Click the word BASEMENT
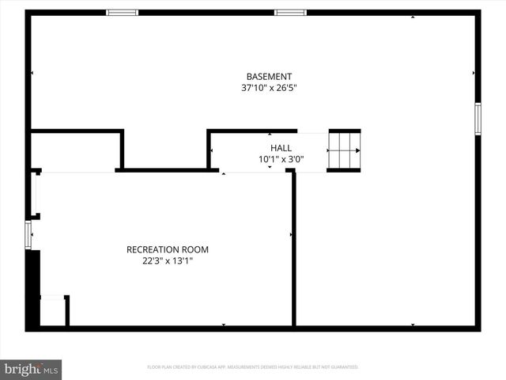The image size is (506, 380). click(x=269, y=77)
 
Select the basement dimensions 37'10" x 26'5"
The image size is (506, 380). click(x=269, y=89)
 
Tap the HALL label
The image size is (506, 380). click(x=281, y=148)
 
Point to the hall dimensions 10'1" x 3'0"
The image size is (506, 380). click(x=281, y=159)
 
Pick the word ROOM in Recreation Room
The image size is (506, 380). click(x=196, y=249)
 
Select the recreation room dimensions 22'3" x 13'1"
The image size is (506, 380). click(x=168, y=260)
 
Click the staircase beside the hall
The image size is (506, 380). click(x=344, y=150)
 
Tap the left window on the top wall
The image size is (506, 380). click(x=123, y=13)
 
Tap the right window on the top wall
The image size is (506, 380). click(x=290, y=13)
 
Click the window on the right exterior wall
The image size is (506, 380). click(x=477, y=118)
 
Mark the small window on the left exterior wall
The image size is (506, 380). click(x=28, y=235)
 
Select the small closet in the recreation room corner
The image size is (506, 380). click(x=52, y=311)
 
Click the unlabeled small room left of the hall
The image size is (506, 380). click(x=75, y=150)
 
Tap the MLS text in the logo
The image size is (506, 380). click(x=51, y=370)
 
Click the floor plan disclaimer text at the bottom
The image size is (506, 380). click(x=253, y=367)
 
